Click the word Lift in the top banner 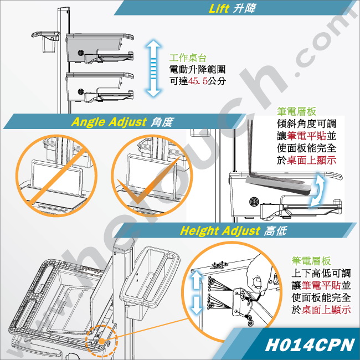click(x=219, y=8)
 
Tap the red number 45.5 click(x=198, y=81)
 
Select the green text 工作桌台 click(x=188, y=58)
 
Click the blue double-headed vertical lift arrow click(x=153, y=68)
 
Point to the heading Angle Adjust click(x=109, y=122)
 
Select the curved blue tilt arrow click(x=317, y=189)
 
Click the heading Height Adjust click(x=220, y=230)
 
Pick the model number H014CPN click(x=310, y=344)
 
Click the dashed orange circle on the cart click(x=101, y=341)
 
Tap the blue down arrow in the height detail click(x=196, y=305)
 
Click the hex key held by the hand click(x=254, y=298)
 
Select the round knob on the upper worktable click(x=81, y=53)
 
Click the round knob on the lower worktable click(x=81, y=92)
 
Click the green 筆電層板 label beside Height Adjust click(x=311, y=261)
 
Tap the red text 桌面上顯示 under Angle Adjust click(x=311, y=160)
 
